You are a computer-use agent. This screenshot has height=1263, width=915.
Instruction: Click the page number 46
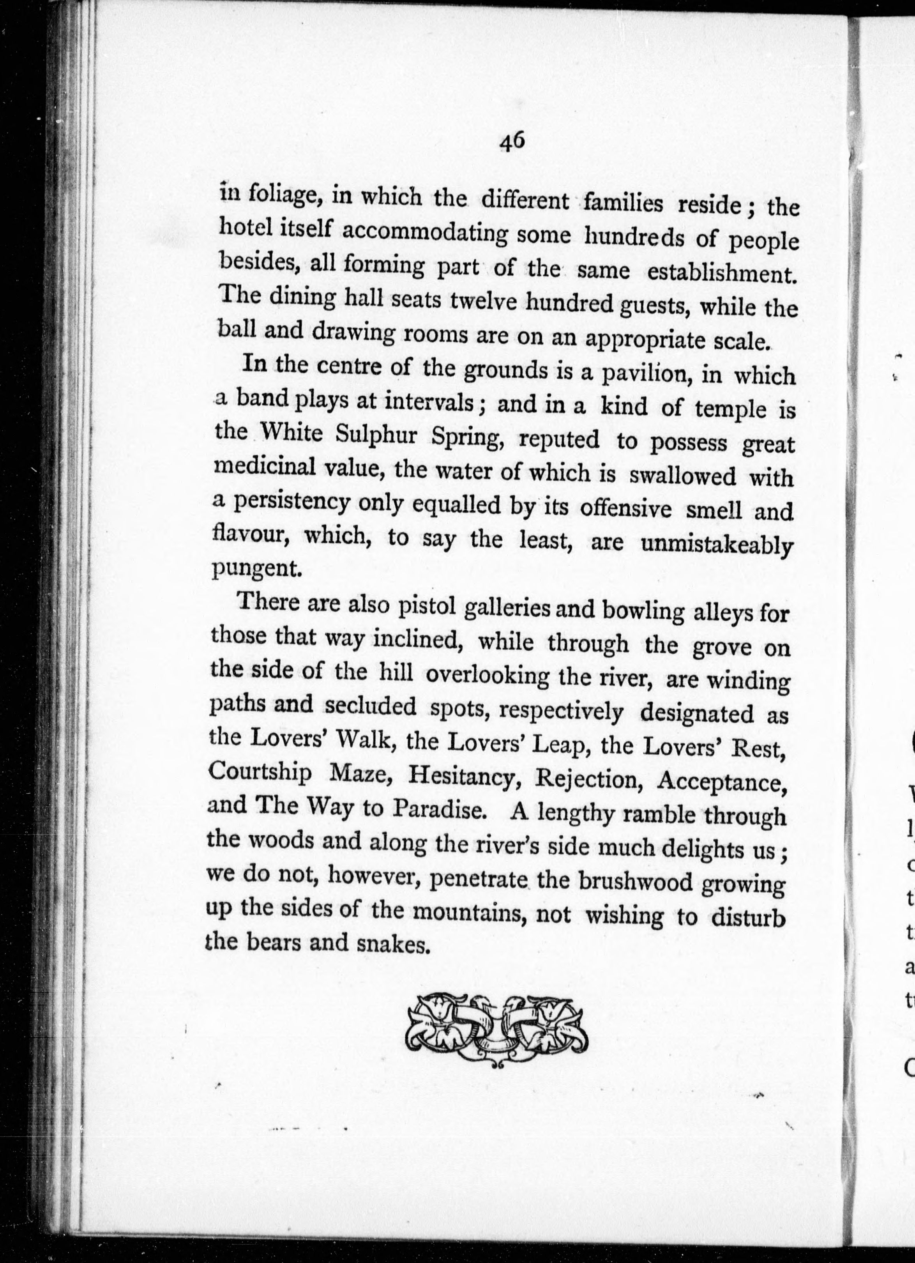[512, 142]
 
